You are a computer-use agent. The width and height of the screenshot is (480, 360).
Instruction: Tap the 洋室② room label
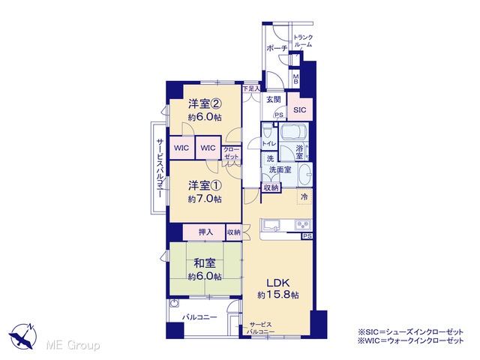(x=205, y=104)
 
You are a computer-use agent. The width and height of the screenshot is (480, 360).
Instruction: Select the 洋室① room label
(x=205, y=185)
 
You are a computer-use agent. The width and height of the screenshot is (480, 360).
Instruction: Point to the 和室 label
(x=205, y=263)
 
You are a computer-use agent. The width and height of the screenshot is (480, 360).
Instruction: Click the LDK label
(x=278, y=282)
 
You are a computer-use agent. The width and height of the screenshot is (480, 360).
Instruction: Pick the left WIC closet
(x=181, y=148)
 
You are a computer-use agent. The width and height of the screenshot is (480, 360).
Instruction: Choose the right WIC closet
(x=208, y=148)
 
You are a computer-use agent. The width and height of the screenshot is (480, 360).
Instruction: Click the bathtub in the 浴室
(x=295, y=132)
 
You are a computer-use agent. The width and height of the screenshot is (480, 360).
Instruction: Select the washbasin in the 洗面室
(x=305, y=175)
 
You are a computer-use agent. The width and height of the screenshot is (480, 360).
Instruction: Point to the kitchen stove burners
(x=303, y=225)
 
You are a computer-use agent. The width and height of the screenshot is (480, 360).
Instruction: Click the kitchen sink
(x=270, y=225)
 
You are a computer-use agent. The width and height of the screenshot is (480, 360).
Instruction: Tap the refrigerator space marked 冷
(x=304, y=196)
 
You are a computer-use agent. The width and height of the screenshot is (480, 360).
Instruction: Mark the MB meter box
(x=295, y=79)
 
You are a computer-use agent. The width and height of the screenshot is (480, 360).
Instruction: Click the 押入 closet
(x=205, y=232)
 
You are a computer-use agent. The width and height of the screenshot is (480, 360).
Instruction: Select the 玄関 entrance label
(x=274, y=100)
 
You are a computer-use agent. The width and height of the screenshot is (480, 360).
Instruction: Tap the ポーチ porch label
(x=277, y=48)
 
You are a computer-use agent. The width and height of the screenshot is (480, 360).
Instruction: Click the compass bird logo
(x=23, y=336)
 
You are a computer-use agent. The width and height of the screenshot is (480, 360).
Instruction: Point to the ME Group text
(x=73, y=345)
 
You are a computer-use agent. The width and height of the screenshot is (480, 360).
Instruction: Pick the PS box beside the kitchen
(x=307, y=236)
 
